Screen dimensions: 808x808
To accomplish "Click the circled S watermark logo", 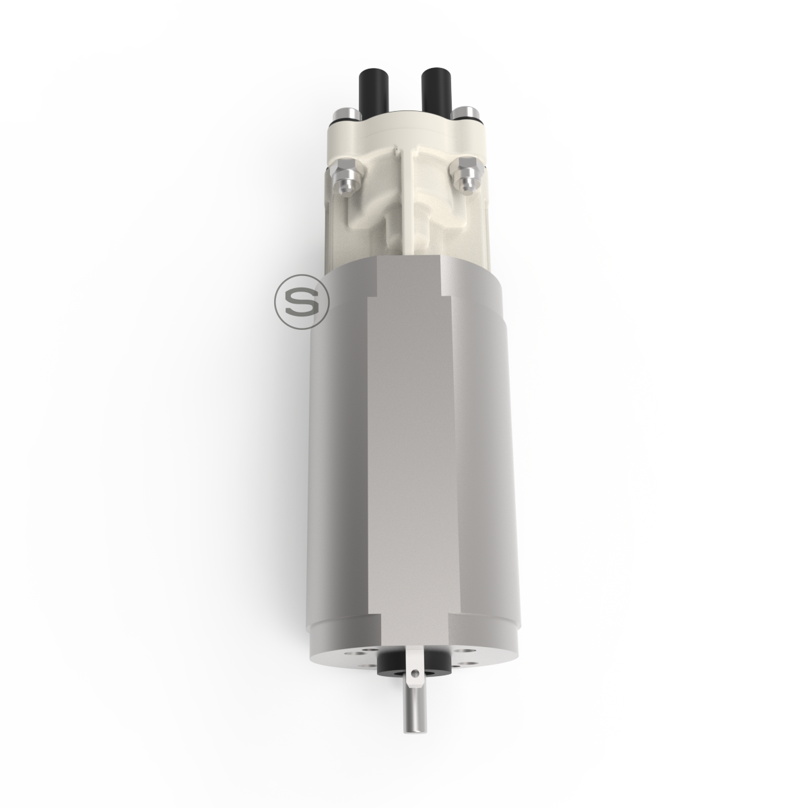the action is point(302,302).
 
